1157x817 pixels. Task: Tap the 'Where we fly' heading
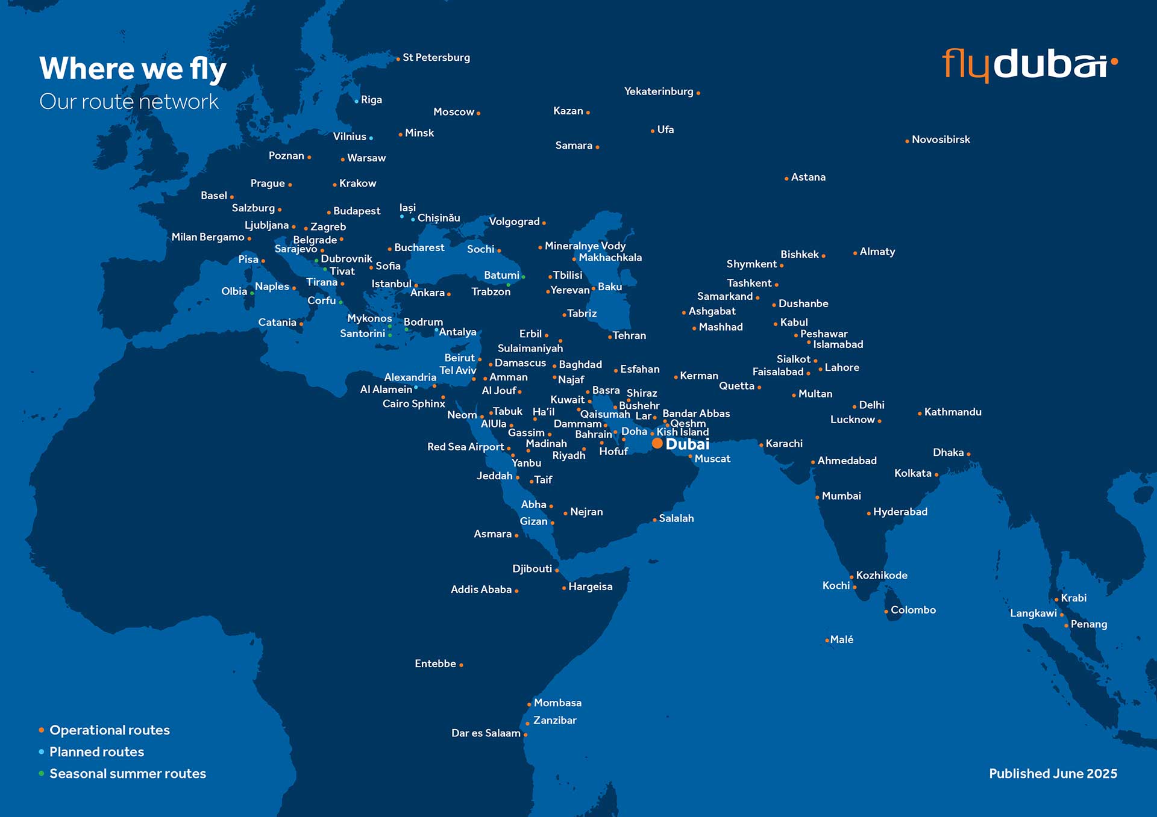click(x=133, y=69)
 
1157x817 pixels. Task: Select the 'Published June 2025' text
click(x=1053, y=774)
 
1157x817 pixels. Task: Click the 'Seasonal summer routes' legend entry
click(x=127, y=774)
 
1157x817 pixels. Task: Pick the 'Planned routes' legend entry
click(x=96, y=752)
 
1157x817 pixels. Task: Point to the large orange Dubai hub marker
click(x=657, y=444)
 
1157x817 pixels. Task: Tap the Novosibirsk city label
click(x=941, y=140)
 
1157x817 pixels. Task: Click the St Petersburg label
click(x=436, y=58)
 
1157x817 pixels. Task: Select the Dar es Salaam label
click(x=486, y=733)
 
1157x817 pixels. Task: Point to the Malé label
click(x=842, y=640)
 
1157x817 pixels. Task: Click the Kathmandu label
click(x=953, y=412)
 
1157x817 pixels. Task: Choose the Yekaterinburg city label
click(x=659, y=92)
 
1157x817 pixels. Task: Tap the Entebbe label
click(x=435, y=664)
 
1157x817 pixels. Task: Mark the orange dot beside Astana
click(x=786, y=179)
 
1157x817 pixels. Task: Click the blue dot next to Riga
click(x=356, y=101)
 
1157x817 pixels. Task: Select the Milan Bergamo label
click(x=208, y=237)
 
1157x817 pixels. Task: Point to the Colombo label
click(x=913, y=610)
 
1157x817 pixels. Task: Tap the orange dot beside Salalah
click(x=654, y=520)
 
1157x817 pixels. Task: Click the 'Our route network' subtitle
click(x=129, y=102)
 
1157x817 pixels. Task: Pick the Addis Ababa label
click(x=481, y=590)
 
